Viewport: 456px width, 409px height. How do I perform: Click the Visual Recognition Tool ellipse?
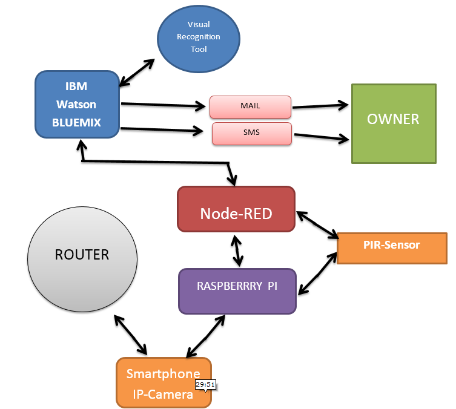[x=197, y=38]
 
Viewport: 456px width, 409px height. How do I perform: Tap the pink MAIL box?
[x=251, y=106]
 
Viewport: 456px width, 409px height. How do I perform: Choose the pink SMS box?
[x=252, y=133]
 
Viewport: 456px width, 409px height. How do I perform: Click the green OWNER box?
[x=393, y=123]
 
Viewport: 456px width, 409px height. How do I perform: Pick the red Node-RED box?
[x=236, y=209]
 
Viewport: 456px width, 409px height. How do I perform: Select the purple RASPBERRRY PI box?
[x=237, y=290]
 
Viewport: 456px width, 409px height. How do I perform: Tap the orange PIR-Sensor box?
[x=391, y=247]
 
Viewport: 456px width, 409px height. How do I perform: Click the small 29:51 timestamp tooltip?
[x=205, y=385]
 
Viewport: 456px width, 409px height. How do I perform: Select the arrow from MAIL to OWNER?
[x=321, y=106]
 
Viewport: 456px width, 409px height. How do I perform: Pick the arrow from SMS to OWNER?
[x=321, y=136]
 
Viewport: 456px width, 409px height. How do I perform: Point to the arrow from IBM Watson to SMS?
[x=162, y=129]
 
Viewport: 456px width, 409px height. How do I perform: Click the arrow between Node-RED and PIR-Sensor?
[x=317, y=224]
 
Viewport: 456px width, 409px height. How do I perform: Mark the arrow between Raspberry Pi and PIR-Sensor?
[x=317, y=273]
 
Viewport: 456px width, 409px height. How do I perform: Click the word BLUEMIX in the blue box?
[x=76, y=123]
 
